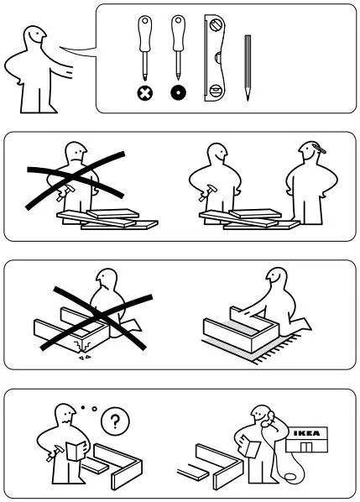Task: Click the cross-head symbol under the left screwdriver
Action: point(143,92)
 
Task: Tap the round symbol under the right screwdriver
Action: point(176,92)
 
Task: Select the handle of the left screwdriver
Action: point(143,30)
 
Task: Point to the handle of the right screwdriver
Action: point(176,30)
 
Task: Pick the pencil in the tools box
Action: point(248,67)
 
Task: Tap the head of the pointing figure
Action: point(34,38)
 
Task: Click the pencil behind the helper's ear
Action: point(320,150)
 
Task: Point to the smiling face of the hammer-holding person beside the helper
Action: point(217,153)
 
